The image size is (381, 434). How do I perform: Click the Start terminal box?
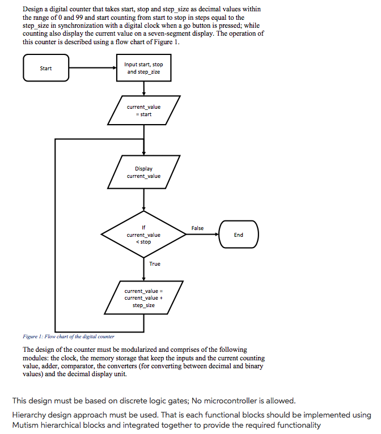[x=46, y=68]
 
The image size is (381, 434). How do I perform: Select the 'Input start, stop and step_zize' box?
[x=143, y=68]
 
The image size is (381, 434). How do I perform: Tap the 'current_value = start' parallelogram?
[x=143, y=110]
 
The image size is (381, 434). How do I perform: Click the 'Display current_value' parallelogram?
[x=143, y=172]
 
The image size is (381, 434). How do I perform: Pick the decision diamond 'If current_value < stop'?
[x=143, y=235]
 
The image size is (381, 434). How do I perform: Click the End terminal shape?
[x=239, y=235]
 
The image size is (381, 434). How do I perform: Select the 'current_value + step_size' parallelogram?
[x=143, y=297]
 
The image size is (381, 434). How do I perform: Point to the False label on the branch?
[x=197, y=228]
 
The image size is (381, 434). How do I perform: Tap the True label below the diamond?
[x=155, y=264]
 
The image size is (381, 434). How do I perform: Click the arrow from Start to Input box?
[x=93, y=68]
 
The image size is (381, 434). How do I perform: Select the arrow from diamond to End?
[x=202, y=235]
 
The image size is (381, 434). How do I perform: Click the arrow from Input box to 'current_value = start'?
[x=143, y=88]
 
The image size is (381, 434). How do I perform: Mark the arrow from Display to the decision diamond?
[x=143, y=200]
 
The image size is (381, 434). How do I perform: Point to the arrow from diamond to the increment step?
[x=143, y=269]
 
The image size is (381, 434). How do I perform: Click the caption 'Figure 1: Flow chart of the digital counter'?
[x=69, y=337]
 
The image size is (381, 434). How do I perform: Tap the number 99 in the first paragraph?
[x=79, y=18]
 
